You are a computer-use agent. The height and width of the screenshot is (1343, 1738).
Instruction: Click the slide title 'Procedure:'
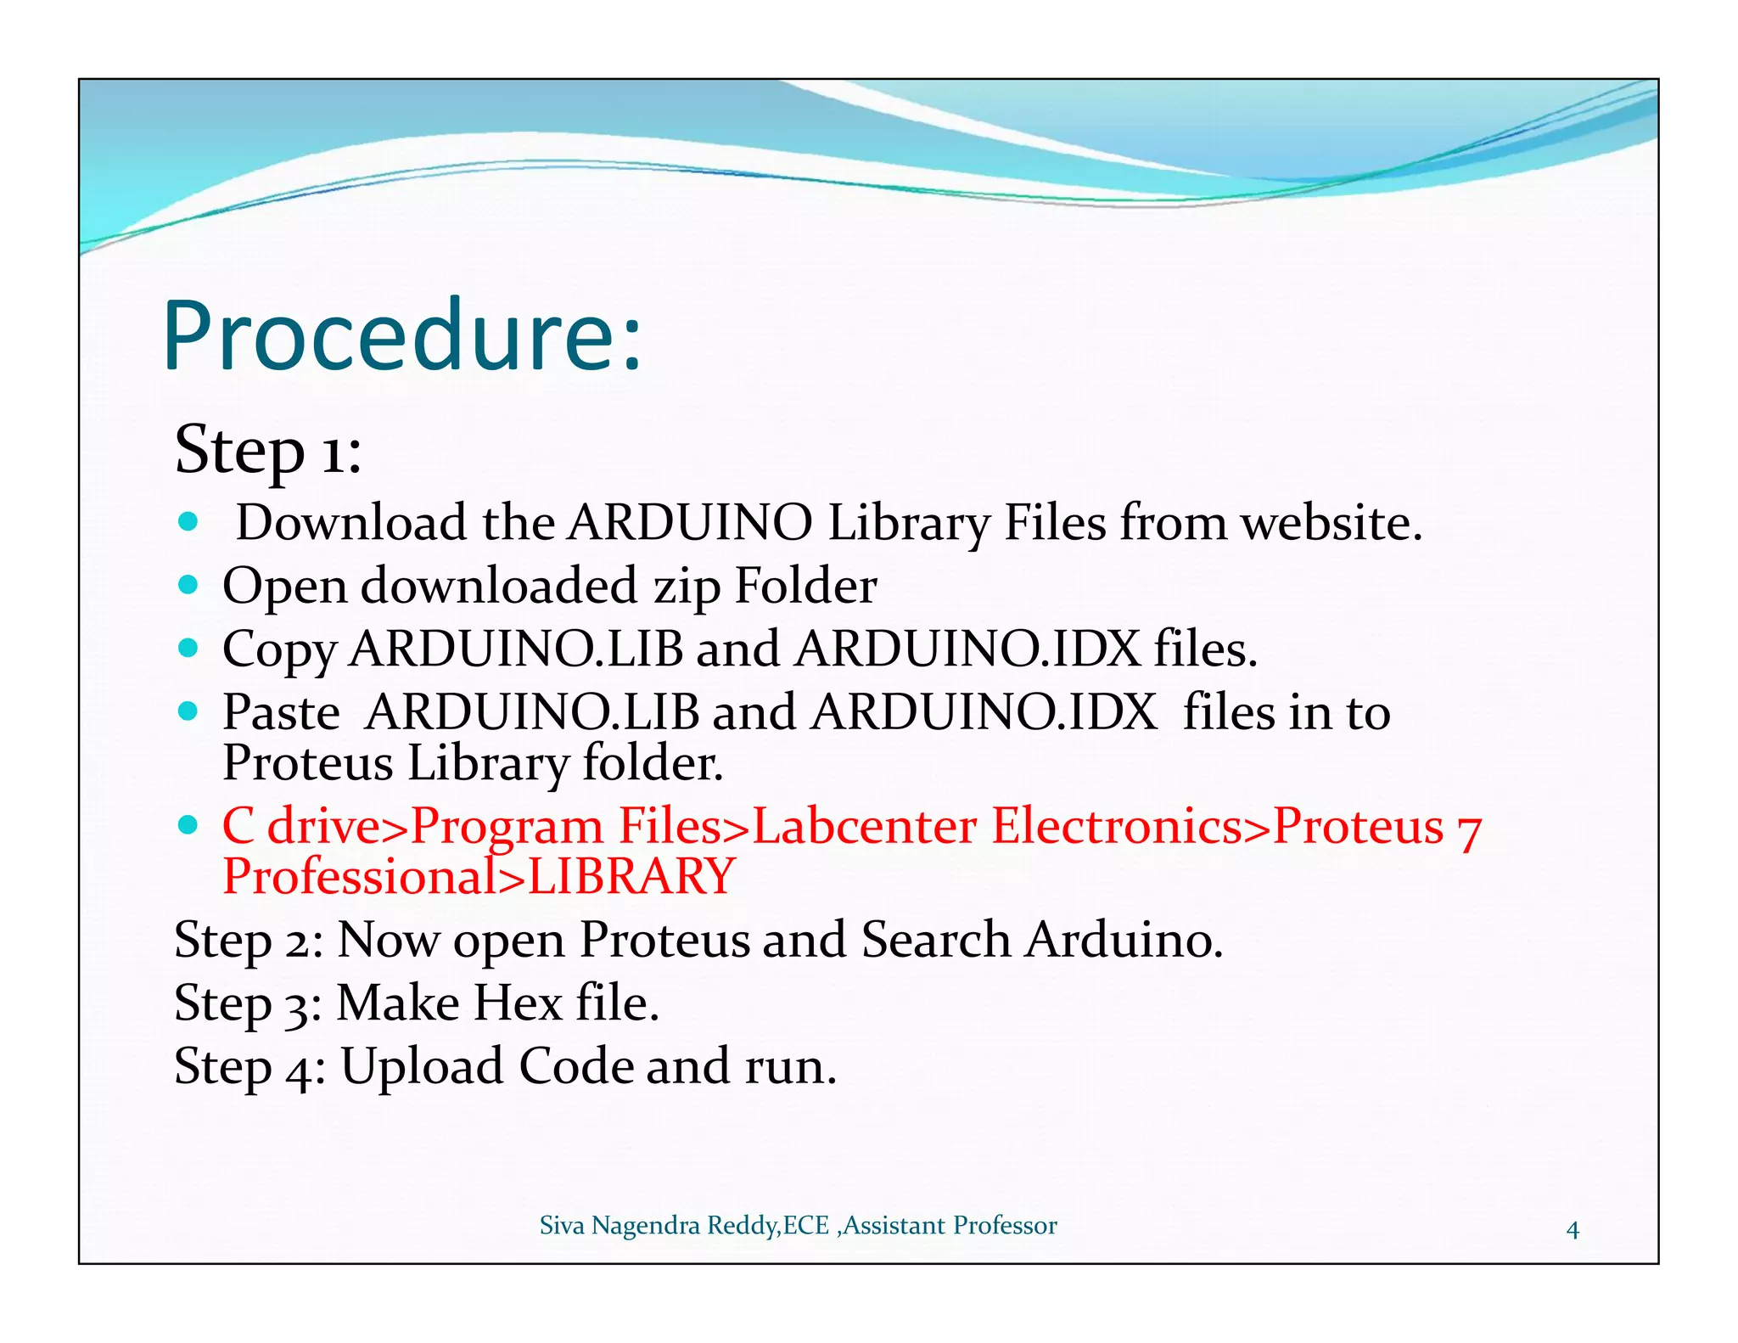click(x=401, y=336)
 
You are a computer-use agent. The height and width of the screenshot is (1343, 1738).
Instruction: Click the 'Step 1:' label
click(x=268, y=450)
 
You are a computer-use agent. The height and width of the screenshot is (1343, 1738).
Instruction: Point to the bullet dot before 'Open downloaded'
click(x=188, y=585)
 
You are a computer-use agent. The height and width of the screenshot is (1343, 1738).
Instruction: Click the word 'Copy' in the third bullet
click(x=279, y=650)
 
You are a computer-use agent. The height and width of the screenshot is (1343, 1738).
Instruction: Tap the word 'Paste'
click(x=281, y=712)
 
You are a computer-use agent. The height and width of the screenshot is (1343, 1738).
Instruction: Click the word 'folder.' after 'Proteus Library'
click(x=653, y=763)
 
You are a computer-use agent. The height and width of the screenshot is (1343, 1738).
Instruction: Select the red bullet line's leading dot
click(x=188, y=824)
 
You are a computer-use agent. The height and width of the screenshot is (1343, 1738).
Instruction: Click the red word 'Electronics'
click(x=1117, y=826)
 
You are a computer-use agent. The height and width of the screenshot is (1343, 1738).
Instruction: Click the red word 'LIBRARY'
click(x=631, y=877)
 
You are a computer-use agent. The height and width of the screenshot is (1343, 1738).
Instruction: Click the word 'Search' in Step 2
click(x=935, y=941)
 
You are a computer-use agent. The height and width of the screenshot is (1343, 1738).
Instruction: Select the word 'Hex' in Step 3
click(x=518, y=1003)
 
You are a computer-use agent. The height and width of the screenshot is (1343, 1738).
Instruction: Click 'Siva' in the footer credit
click(x=562, y=1226)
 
